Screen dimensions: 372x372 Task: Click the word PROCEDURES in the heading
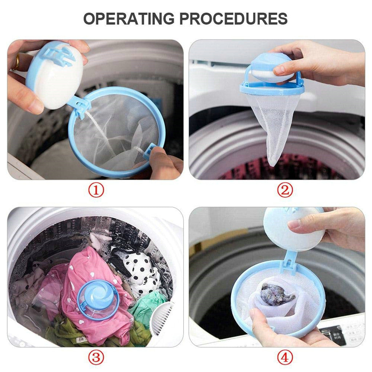click(239, 19)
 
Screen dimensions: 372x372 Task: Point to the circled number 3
click(96, 357)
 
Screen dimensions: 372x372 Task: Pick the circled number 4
click(285, 357)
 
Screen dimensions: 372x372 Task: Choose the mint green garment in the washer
click(149, 307)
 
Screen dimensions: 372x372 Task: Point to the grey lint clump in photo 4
click(277, 294)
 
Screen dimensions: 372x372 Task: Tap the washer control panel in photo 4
click(340, 332)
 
